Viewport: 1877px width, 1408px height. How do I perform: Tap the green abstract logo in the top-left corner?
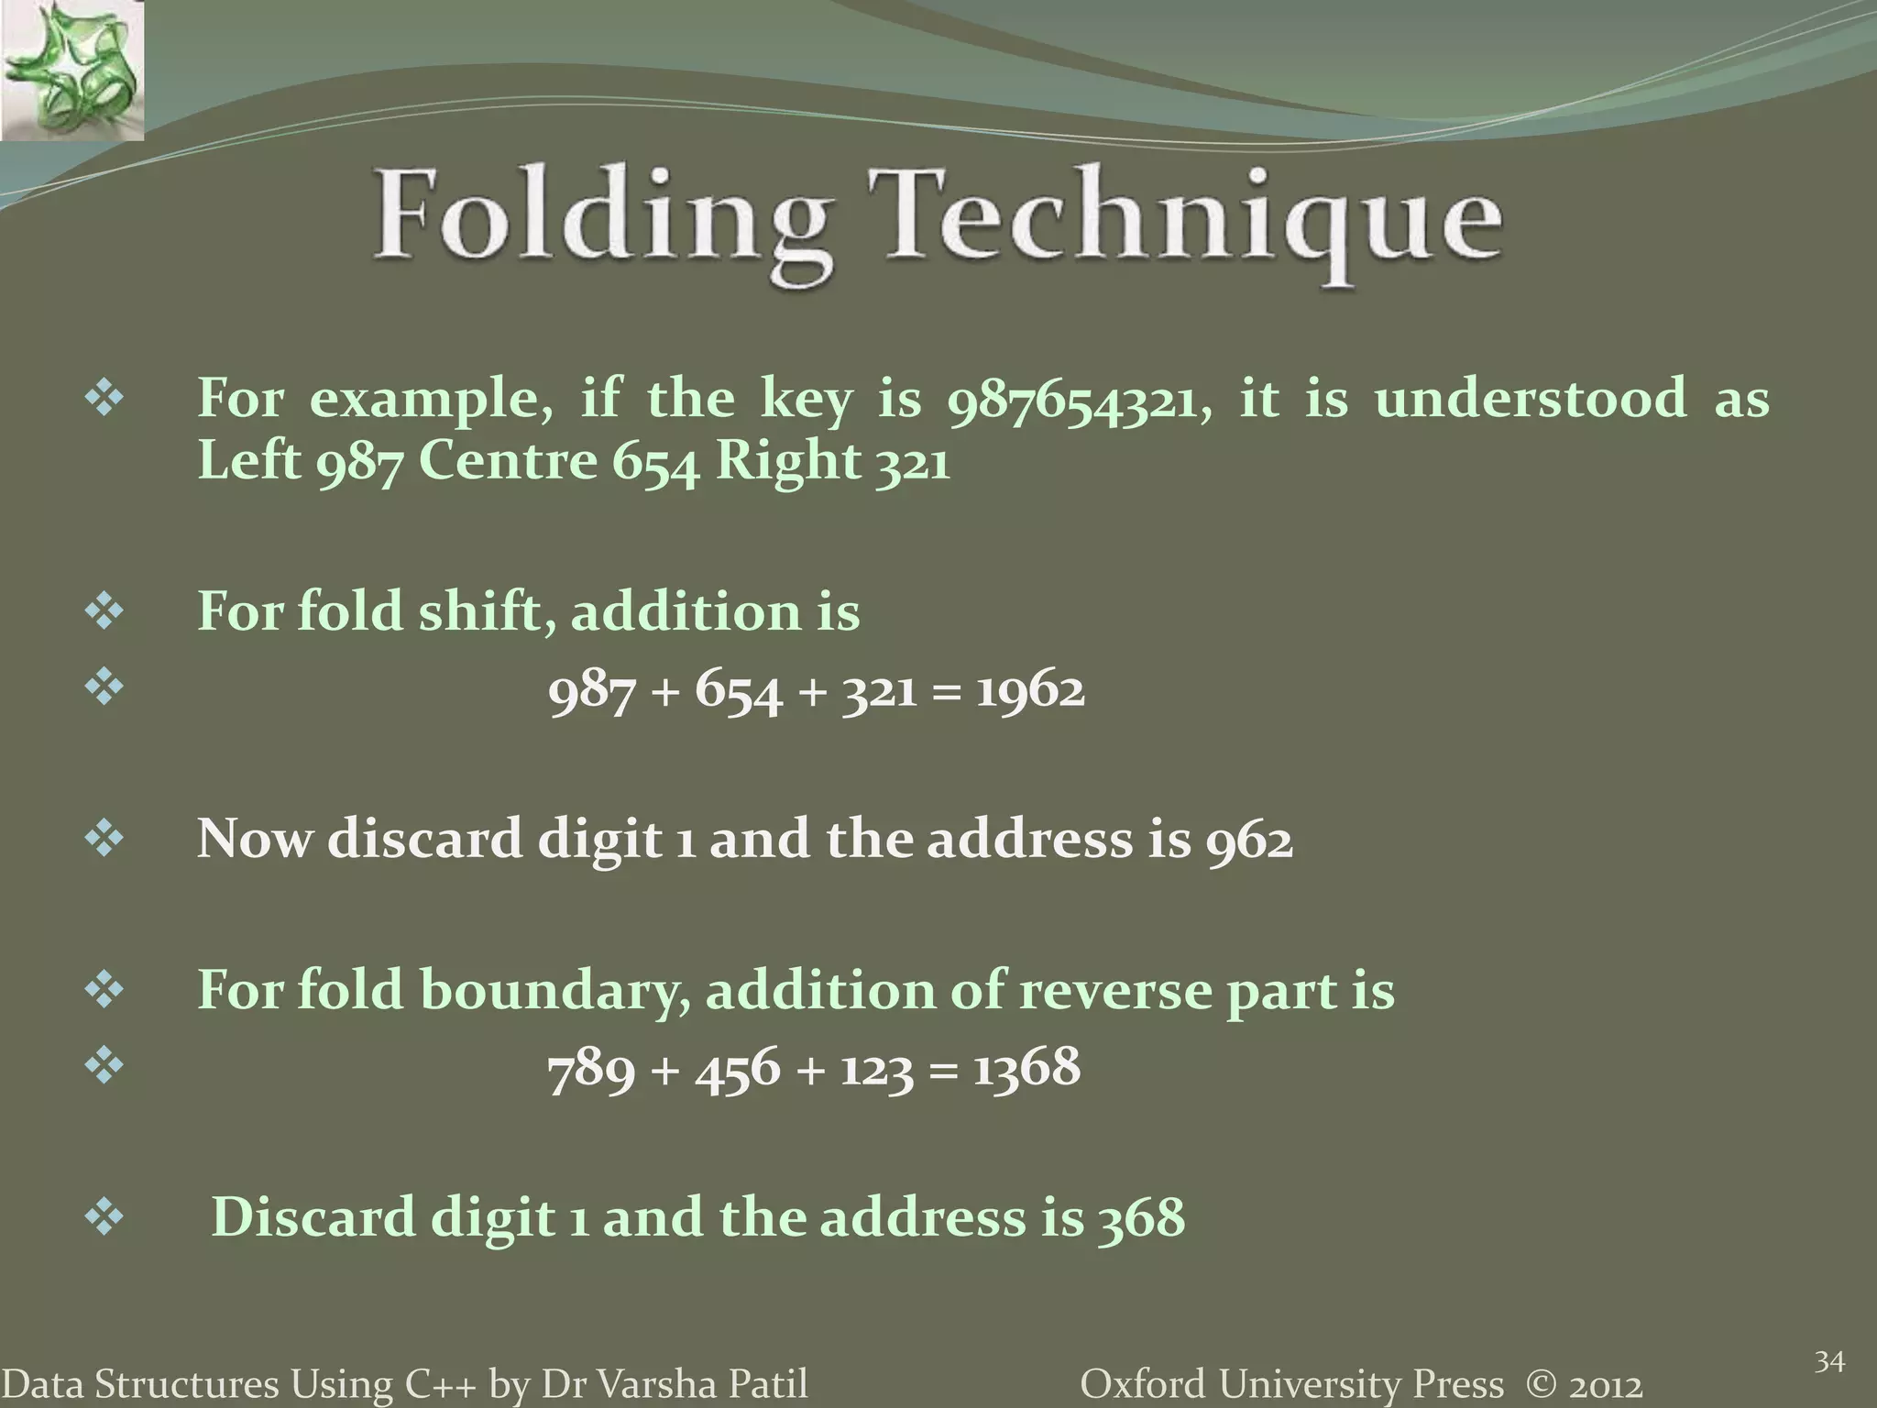coord(71,70)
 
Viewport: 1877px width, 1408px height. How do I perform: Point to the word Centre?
coord(507,460)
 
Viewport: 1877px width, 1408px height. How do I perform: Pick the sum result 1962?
coord(1029,689)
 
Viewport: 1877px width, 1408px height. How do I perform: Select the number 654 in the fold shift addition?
coord(738,689)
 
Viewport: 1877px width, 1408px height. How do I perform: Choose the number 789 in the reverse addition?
coord(591,1069)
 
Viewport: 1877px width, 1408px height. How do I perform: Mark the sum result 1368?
coord(1026,1069)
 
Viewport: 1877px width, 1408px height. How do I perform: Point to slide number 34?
coord(1829,1362)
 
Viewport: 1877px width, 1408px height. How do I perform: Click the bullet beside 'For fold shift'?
coord(104,612)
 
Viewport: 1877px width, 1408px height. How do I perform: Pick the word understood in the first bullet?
coord(1530,400)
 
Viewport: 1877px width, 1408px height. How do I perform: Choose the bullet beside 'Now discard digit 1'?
coord(104,840)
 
